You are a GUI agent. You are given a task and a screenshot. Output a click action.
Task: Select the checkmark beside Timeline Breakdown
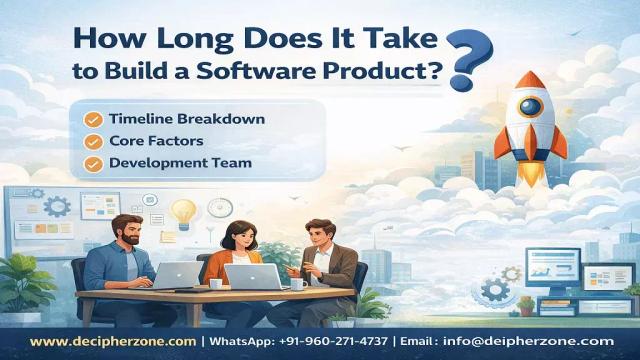pyautogui.click(x=93, y=119)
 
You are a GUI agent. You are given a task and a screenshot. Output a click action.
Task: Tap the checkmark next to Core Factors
pyautogui.click(x=93, y=141)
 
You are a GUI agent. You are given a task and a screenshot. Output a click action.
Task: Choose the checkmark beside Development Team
pyautogui.click(x=93, y=163)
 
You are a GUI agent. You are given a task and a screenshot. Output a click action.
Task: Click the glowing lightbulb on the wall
pyautogui.click(x=183, y=211)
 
